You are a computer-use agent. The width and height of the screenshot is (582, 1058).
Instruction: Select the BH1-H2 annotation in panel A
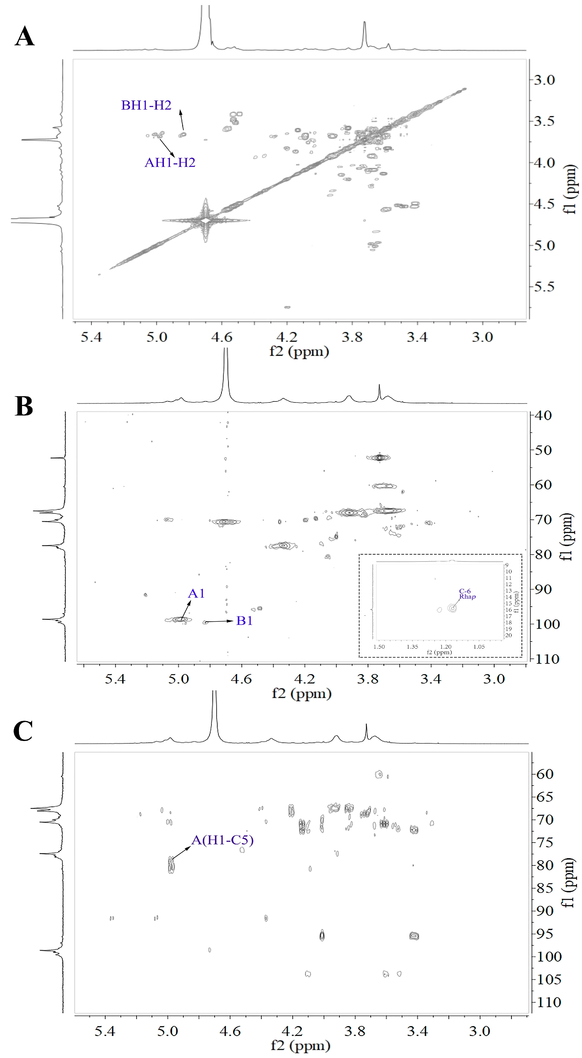pyautogui.click(x=146, y=106)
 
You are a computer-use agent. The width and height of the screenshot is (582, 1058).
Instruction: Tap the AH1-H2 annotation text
pyautogui.click(x=170, y=163)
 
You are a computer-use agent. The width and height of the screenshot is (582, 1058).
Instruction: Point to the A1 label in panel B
pyautogui.click(x=196, y=593)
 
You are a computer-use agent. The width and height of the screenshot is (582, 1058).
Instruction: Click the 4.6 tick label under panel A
pyautogui.click(x=222, y=337)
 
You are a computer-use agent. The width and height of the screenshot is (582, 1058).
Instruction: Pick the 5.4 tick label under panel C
pyautogui.click(x=105, y=1031)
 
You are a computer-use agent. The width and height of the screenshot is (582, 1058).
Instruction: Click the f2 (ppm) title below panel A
pyautogui.click(x=299, y=352)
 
